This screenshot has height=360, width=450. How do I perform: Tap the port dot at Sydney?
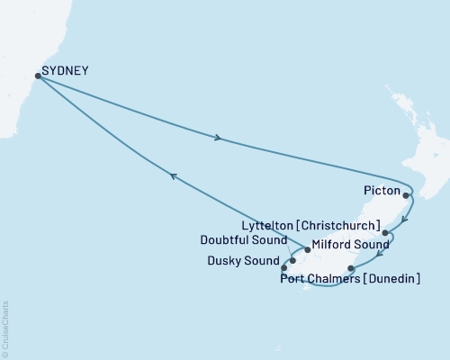[x=37, y=76]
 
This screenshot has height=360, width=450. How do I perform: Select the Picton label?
[x=381, y=191]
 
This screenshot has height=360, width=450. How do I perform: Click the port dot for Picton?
[x=407, y=195]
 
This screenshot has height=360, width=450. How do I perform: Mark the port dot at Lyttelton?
[x=385, y=233]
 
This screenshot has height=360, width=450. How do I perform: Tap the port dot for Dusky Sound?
[x=284, y=267]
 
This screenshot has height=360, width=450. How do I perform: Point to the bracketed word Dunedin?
[x=396, y=279]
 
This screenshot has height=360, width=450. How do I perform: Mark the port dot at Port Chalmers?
[x=351, y=268]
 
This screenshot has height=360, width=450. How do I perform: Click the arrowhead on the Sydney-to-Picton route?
[x=217, y=139]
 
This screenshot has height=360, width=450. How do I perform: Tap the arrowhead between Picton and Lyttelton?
[x=404, y=218]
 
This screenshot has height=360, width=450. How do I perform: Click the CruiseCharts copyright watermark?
[x=5, y=328]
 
